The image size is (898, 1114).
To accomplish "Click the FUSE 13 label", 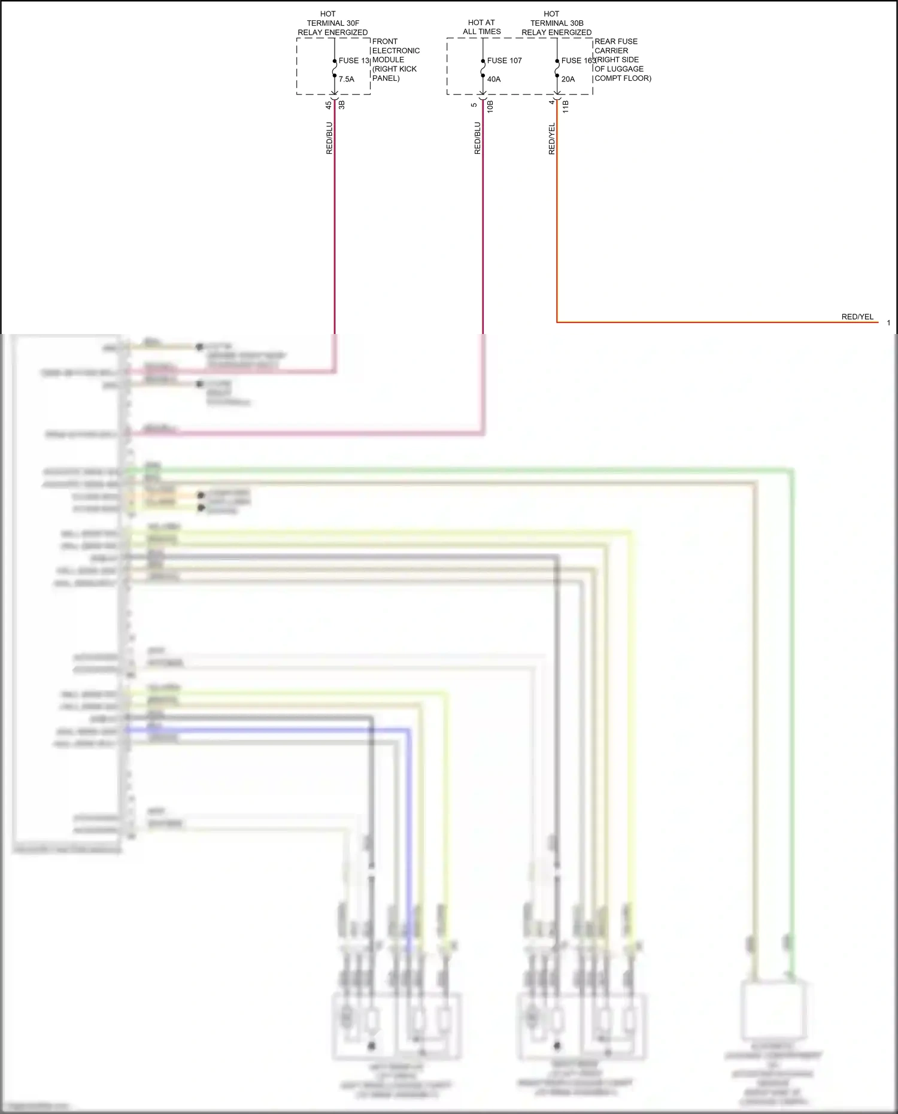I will (x=354, y=60).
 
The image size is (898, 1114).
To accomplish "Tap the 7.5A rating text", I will (x=347, y=79).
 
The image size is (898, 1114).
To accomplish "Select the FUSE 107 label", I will (x=504, y=60).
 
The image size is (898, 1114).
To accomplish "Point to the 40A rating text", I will (x=494, y=79).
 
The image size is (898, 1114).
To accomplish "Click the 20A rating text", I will (x=568, y=79).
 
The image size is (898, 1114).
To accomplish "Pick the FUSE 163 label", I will (x=578, y=60).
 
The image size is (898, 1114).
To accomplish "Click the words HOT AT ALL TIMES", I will (x=481, y=27).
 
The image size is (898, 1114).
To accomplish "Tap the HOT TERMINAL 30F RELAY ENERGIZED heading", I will (x=333, y=23).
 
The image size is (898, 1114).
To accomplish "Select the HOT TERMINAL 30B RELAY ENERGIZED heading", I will (x=556, y=23).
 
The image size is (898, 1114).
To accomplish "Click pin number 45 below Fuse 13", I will (x=329, y=105).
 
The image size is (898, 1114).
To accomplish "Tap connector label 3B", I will (x=342, y=105).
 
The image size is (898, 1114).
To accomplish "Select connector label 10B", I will (x=490, y=107).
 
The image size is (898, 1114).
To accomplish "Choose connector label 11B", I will (x=566, y=107).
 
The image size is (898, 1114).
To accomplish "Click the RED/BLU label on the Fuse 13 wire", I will (x=329, y=138).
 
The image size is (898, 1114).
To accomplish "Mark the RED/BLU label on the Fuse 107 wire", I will (x=478, y=138).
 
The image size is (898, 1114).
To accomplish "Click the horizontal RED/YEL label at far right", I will (x=857, y=317).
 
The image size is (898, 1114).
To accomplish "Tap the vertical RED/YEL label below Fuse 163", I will (x=552, y=139).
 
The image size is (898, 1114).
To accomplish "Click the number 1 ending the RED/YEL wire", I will (x=888, y=323).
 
